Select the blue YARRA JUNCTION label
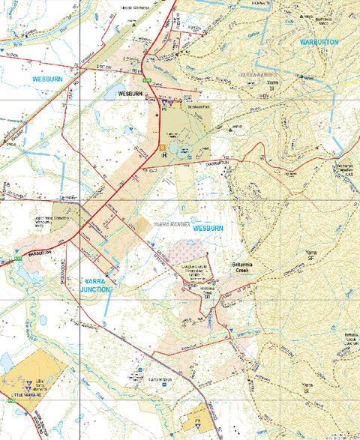(94, 284)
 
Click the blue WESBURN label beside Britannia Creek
(208, 227)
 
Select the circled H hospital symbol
(163, 155)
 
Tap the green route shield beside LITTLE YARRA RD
(13, 403)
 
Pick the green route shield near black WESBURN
(148, 80)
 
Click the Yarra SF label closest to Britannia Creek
(310, 256)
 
